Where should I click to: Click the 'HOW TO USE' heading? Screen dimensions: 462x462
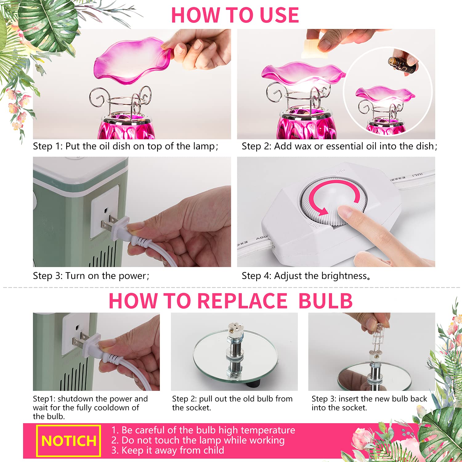235,15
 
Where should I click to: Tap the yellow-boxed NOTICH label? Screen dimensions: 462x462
69,441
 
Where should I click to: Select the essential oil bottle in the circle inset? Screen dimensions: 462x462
402,65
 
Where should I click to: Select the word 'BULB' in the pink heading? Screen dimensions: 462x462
325,301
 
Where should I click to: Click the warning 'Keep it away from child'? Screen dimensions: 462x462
168,450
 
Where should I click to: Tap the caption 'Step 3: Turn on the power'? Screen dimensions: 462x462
91,276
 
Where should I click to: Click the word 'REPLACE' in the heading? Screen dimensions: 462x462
242,301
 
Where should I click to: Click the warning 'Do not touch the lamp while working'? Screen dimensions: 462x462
198,440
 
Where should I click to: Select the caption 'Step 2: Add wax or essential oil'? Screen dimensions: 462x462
339,146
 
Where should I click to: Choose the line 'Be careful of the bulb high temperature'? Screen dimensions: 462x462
203,430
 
